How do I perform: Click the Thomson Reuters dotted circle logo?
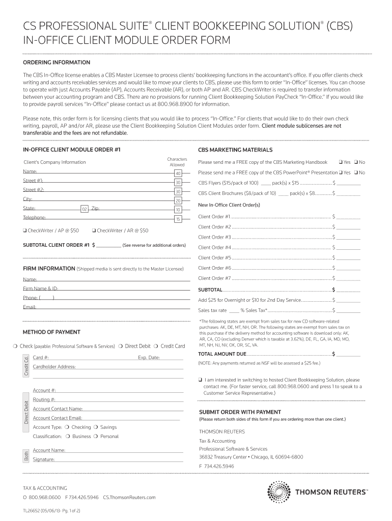tap(279, 492)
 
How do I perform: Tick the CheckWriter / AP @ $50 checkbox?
tap(24, 230)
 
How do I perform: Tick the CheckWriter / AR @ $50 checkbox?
tap(94, 230)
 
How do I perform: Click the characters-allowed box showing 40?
tap(178, 173)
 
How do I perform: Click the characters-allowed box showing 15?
tap(178, 219)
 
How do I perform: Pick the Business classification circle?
tap(68, 437)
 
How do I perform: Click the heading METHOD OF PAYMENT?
tap(51, 332)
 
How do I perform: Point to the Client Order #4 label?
tap(214, 247)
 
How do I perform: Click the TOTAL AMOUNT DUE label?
tap(222, 354)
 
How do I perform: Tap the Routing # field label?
tap(44, 400)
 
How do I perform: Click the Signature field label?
tap(44, 459)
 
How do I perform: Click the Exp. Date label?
tap(149, 358)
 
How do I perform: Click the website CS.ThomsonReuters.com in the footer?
tap(129, 497)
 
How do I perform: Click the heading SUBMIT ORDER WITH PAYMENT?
tap(239, 412)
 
